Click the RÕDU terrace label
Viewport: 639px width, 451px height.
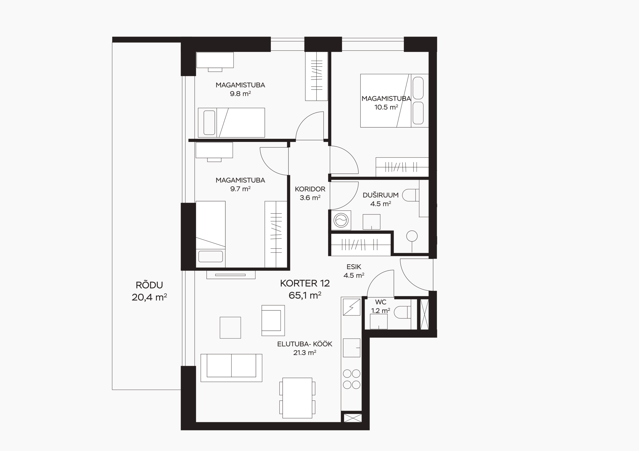pos(149,285)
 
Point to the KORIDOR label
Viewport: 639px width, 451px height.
pos(310,189)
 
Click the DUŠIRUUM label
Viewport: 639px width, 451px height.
pos(380,195)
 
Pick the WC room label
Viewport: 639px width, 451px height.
pos(380,302)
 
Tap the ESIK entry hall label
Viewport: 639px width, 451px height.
pos(354,267)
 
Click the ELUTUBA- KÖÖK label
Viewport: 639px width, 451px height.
pos(305,344)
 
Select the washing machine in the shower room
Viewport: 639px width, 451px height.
pos(341,220)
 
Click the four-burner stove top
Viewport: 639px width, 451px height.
pos(351,379)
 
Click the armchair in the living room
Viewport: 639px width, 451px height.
pos(273,320)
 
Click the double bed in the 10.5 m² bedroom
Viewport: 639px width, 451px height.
pos(394,101)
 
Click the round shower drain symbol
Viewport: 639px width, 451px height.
pos(412,236)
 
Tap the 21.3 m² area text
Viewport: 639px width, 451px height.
pos(305,353)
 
